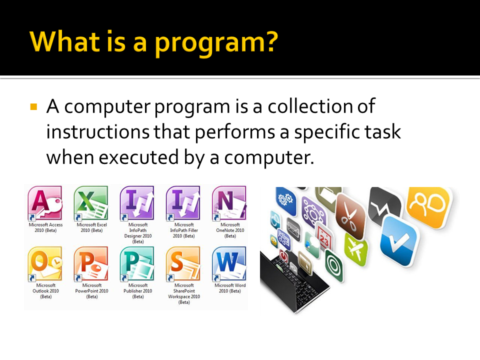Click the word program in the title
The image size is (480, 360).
(215, 43)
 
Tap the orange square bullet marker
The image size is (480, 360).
(33, 107)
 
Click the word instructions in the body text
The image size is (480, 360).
(97, 132)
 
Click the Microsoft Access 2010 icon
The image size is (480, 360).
(45, 203)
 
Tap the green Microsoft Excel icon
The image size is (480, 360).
(91, 203)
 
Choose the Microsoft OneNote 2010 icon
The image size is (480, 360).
(229, 203)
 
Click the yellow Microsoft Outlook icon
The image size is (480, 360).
(45, 263)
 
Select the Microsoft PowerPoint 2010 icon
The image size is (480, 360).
(91, 263)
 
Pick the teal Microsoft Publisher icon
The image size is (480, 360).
(137, 263)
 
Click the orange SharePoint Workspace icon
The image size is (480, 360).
(183, 263)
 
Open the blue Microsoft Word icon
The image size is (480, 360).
(229, 263)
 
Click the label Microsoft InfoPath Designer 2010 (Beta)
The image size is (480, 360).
(137, 233)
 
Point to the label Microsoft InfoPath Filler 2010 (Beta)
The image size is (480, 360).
(183, 230)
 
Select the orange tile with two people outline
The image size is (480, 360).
(429, 202)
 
